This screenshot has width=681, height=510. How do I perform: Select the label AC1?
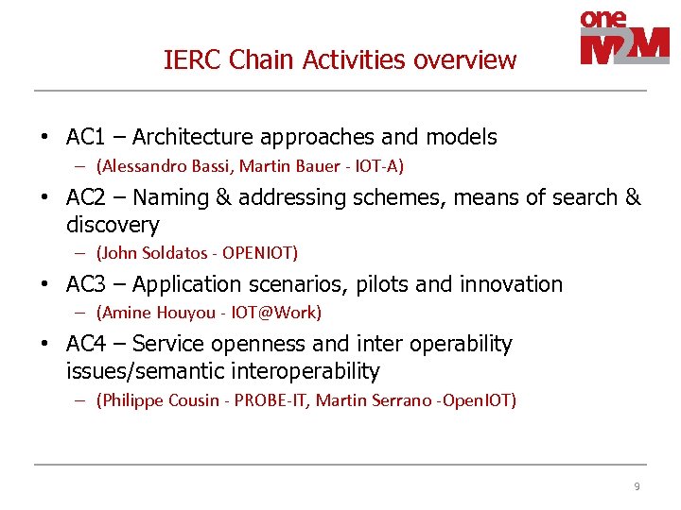85,138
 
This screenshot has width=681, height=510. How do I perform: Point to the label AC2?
85,197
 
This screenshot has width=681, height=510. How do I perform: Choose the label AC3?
85,284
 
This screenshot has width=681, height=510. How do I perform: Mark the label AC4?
85,344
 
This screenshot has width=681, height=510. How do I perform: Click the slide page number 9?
637,486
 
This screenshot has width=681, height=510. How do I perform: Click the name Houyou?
170,313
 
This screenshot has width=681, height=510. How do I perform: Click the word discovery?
113,225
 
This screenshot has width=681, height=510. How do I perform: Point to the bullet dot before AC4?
44,345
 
